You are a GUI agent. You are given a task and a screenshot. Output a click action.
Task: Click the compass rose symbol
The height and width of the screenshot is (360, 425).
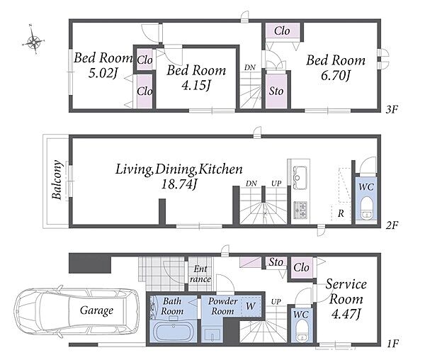point(33,41)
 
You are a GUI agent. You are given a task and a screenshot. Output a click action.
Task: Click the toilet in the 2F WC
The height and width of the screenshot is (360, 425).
point(367,207)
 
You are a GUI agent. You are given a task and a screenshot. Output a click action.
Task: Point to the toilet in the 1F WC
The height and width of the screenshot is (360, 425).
point(302,330)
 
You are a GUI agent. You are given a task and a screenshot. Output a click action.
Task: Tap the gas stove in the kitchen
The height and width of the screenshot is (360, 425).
point(300,210)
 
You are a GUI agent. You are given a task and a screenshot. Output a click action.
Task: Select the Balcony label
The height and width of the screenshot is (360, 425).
point(57,180)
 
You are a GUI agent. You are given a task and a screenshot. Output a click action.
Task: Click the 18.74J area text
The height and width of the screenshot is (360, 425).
point(178,185)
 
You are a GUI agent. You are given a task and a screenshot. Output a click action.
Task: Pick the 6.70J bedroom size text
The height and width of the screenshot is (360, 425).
point(336,76)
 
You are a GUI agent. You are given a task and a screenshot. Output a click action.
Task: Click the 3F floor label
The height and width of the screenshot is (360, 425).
point(392,110)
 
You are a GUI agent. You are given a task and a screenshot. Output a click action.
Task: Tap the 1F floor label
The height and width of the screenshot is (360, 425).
point(392,344)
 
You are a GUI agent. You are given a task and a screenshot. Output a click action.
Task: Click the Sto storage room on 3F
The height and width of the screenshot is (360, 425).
point(276,91)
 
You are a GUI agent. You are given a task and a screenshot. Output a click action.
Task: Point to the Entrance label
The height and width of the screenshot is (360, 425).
point(200,274)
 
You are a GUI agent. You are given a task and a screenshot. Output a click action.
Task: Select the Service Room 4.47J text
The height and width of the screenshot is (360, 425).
point(346,299)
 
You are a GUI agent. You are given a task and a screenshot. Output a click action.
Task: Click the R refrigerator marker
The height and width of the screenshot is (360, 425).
point(341,213)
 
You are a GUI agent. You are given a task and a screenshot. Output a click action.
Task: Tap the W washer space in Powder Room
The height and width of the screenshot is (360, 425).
point(251,306)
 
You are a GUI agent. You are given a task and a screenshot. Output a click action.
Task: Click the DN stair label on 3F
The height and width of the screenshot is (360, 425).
point(249,67)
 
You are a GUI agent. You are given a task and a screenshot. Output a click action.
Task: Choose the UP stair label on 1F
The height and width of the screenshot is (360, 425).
point(276,301)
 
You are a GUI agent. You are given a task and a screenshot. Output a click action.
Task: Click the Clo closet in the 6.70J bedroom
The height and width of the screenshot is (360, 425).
point(282,31)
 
